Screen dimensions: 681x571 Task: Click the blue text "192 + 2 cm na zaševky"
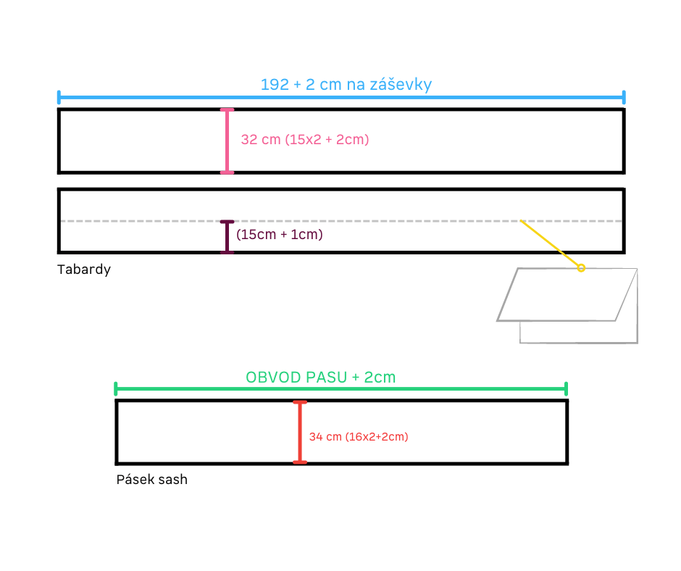(346, 84)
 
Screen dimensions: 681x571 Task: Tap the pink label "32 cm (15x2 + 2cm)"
(305, 140)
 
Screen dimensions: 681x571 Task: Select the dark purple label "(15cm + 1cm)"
(280, 235)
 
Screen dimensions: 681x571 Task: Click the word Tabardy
(84, 270)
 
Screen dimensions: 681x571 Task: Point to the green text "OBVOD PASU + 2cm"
(320, 378)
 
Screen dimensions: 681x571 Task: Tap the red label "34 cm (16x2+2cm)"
(359, 437)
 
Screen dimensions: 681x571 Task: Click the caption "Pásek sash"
(152, 479)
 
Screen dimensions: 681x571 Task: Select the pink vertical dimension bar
(227, 141)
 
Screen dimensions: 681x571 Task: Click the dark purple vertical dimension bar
(227, 237)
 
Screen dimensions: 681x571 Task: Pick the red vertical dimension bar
(300, 433)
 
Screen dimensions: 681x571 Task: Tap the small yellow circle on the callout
(581, 268)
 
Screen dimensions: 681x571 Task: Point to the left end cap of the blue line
(59, 97)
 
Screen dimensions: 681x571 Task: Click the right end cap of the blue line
(624, 97)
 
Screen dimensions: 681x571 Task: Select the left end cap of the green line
(115, 389)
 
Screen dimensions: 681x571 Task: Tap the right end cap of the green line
(567, 389)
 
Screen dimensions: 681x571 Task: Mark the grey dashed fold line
(341, 221)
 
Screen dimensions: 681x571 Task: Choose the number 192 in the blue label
(275, 84)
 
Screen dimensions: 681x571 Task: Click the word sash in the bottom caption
(173, 480)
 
